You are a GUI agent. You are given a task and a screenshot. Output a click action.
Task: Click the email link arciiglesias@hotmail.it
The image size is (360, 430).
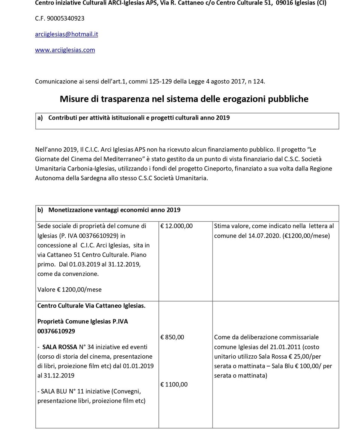coord(66,34)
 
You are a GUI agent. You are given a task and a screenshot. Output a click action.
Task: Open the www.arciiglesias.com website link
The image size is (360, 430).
coord(65,50)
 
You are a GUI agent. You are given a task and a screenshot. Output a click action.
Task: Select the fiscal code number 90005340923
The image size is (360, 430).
coord(66,18)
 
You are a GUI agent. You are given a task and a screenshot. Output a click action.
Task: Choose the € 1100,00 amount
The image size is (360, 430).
coord(174,385)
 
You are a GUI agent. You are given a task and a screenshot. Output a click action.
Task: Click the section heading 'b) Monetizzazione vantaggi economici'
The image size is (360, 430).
coord(109,210)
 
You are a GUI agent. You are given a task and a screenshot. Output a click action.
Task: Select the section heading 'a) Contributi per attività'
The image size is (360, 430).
coord(133,118)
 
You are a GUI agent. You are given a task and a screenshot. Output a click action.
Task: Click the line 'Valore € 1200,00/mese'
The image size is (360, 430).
coord(69,290)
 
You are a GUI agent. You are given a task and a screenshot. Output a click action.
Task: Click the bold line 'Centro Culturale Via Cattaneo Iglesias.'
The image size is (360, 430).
coord(91,306)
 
